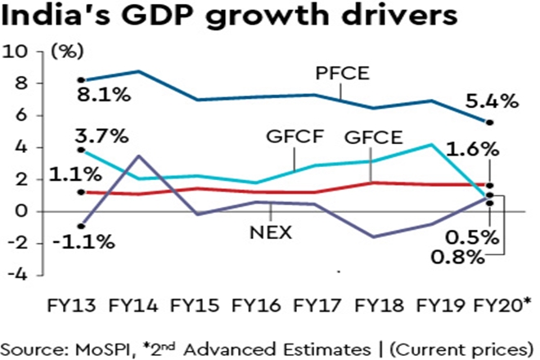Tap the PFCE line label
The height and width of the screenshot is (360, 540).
point(344,74)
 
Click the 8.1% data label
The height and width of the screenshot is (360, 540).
point(104,95)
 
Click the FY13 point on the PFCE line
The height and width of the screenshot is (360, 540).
point(81,79)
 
